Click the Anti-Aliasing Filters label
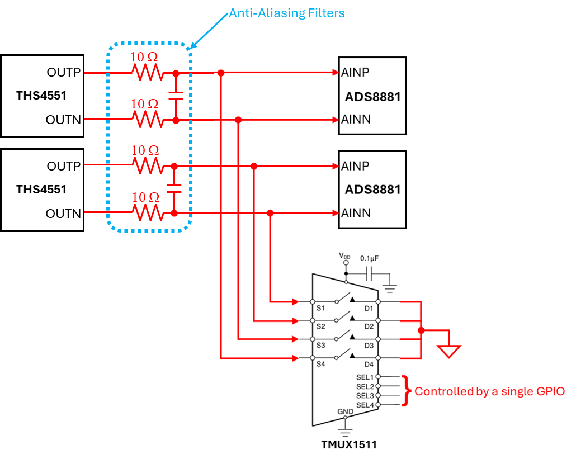pos(287,13)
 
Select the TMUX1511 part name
pos(349,444)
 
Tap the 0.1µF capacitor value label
pos(369,258)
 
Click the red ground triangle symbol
pos(448,351)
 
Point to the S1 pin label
pos(320,308)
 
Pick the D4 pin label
pos(369,365)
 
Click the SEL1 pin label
pos(365,377)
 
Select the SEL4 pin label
pos(365,405)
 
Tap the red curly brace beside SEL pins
pos(406,391)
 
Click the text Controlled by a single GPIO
pos(490,391)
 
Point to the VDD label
pos(344,256)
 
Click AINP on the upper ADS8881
pos(355,72)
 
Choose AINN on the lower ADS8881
pos(356,213)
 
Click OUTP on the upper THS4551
pos(64,72)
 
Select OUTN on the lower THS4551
pos(63,214)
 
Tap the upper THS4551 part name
pos(41,96)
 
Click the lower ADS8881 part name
pos(372,190)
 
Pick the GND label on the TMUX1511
pos(345,411)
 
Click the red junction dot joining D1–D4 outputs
pos(421,330)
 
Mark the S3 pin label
pos(320,346)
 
